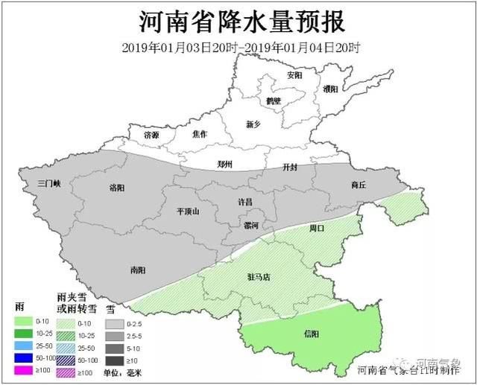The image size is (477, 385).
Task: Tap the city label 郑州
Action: tap(224, 164)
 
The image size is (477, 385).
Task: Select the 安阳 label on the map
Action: tap(294, 76)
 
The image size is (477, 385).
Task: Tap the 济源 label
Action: tap(151, 134)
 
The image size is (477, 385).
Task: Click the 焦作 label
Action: tap(199, 134)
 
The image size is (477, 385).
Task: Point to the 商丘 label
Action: tap(358, 185)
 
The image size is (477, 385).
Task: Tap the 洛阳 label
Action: tap(118, 188)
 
